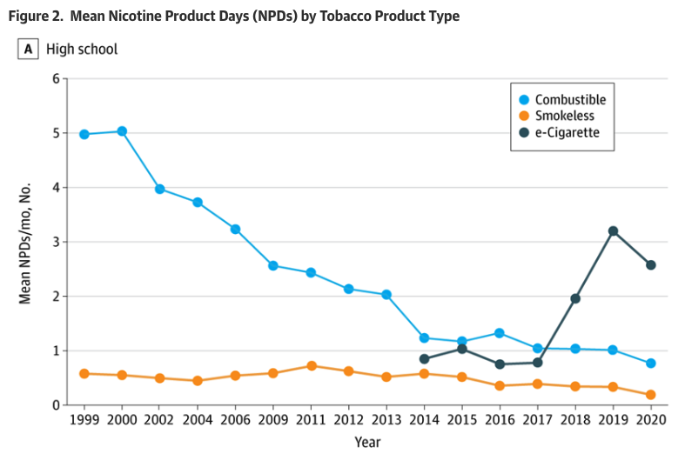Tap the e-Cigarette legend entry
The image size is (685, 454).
click(566, 133)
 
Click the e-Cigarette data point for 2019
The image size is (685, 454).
click(613, 230)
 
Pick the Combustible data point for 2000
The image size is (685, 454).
click(122, 131)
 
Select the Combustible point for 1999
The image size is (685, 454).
click(84, 134)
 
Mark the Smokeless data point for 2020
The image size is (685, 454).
click(650, 395)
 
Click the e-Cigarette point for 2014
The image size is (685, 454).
click(424, 359)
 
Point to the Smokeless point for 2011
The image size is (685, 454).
click(311, 366)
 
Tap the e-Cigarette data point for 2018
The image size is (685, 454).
click(574, 298)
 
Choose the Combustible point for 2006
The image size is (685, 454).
click(235, 229)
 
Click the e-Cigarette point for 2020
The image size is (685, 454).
click(650, 265)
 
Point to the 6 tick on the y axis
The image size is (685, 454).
click(57, 79)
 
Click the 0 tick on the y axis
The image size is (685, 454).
click(57, 405)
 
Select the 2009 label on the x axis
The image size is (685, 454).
click(272, 422)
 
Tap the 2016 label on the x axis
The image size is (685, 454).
click(499, 422)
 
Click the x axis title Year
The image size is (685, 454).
click(366, 442)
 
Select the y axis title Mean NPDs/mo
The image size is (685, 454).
click(25, 243)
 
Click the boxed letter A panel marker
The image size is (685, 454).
click(29, 50)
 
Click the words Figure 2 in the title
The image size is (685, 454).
click(37, 16)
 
